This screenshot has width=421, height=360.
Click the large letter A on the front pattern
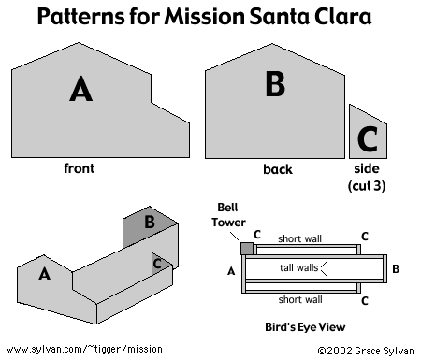coord(81,89)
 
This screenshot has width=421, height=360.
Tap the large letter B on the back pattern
coord(275,83)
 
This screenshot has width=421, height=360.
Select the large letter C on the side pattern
coord(368,138)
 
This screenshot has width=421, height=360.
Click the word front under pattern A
coord(79,168)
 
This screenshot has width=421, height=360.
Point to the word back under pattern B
coord(278,169)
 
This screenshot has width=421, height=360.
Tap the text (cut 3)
coord(367,186)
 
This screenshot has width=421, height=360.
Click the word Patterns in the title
coord(80,16)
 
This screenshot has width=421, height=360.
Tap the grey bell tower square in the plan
coord(247,249)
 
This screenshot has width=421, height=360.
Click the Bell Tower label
coord(228,215)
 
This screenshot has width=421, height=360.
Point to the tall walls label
coord(298,267)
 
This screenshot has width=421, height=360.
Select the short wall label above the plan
coord(299,238)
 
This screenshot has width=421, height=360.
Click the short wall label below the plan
coord(300,299)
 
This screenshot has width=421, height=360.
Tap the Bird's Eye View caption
coord(305,327)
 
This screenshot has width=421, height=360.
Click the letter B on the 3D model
coord(150,222)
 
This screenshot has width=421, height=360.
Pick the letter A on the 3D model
coord(44,274)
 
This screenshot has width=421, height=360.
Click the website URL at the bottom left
coord(84,349)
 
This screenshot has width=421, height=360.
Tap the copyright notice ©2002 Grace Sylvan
coord(366,351)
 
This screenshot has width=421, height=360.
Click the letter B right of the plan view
coord(396,268)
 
